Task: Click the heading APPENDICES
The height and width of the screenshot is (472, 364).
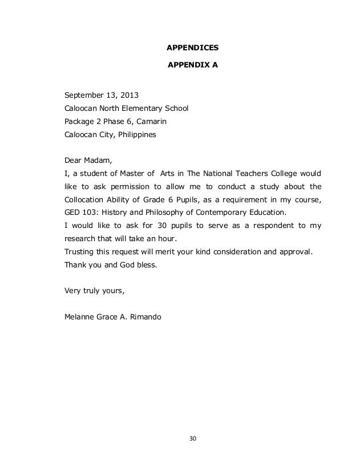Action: point(192,47)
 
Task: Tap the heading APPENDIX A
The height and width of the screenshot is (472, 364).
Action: point(192,66)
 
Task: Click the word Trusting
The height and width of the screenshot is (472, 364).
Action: point(82,252)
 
